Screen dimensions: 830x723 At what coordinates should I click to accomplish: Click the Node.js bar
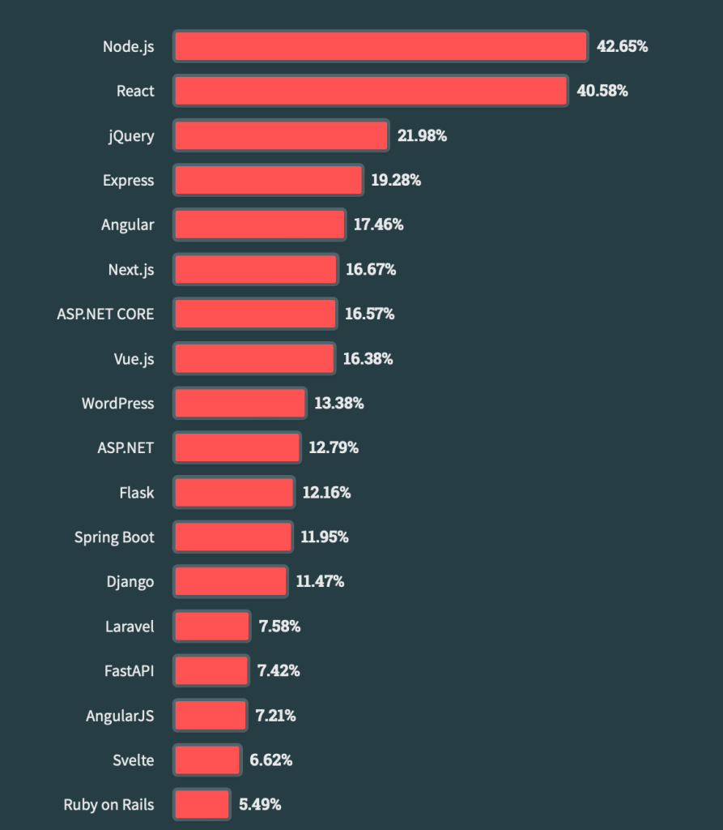[x=381, y=46]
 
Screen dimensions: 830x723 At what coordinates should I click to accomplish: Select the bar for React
[x=371, y=91]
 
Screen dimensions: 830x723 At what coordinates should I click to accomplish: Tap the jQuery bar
[x=281, y=135]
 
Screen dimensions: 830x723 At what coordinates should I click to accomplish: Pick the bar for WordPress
[x=240, y=403]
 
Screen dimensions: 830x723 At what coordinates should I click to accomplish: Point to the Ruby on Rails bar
[x=202, y=805]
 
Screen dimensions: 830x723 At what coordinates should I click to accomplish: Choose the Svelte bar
[x=207, y=760]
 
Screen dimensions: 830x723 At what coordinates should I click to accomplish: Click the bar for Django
[x=231, y=581]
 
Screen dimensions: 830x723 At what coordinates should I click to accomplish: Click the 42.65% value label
[x=622, y=46]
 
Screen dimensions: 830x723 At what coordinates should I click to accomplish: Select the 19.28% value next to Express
[x=396, y=180]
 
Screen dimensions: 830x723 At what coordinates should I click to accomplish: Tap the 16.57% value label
[x=369, y=314]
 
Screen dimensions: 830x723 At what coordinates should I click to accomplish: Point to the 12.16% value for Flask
[x=325, y=492]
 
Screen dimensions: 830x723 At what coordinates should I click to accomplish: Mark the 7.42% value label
[x=279, y=670]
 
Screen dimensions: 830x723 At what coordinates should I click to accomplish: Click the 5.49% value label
[x=260, y=805]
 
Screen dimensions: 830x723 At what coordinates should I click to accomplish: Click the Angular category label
[x=127, y=225]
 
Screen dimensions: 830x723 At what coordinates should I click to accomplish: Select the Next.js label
[x=130, y=269]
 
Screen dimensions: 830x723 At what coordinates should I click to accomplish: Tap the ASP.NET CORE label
[x=105, y=314]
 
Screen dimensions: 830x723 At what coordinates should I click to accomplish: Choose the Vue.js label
[x=134, y=358]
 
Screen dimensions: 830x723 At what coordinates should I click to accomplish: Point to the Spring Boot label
[x=114, y=537]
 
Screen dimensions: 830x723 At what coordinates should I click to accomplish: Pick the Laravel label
[x=130, y=626]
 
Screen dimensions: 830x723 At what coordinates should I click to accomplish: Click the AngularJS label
[x=120, y=716]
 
